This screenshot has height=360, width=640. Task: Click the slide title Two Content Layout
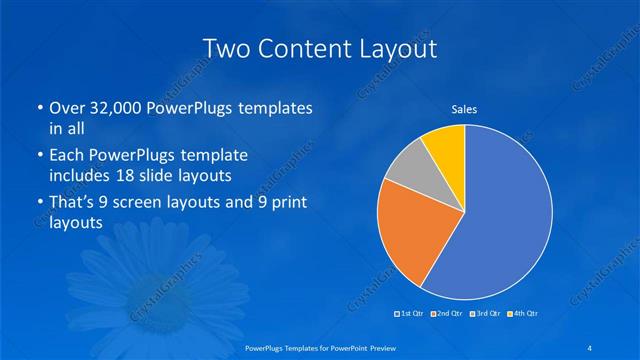coord(319,49)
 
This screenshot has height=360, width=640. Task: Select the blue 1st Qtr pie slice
coord(505,215)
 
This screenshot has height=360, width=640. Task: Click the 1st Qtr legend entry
coord(411,314)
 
